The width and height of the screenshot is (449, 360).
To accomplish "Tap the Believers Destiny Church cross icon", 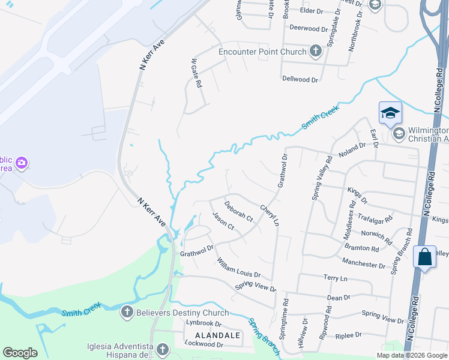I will pos(126,312).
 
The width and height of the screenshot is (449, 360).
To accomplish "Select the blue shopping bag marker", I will pos(424,257).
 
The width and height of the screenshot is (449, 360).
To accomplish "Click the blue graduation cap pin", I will pos(390,113).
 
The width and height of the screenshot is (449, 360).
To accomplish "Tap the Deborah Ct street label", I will pos(238,211).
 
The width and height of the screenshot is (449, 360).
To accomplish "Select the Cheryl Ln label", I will pos(270,215).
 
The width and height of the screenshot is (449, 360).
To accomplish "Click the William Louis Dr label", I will pos(238,268).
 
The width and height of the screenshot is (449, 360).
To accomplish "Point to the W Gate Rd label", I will pos(195,73).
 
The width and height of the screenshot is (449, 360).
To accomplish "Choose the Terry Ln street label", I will pos(335,278).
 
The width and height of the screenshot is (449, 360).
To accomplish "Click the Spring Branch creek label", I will pos(265,335).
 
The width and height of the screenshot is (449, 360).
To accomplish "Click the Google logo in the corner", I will pos(20,353).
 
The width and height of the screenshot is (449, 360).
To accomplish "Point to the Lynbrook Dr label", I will pos(204,323).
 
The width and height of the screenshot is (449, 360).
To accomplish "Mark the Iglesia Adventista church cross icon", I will pos(161,349).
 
